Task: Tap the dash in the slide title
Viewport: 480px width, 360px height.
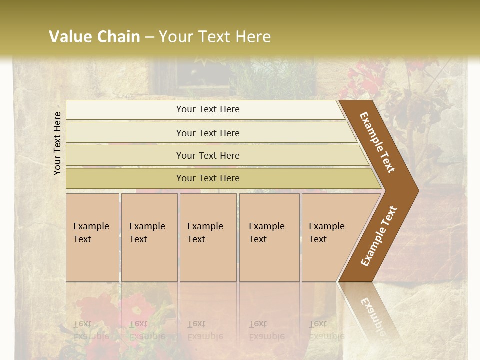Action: [x=149, y=37]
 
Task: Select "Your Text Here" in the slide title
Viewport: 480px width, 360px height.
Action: [x=215, y=37]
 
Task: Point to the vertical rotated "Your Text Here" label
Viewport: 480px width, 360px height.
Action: [x=57, y=143]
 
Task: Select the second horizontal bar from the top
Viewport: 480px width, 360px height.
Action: [x=208, y=133]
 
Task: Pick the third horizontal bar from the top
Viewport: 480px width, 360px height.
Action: [x=208, y=155]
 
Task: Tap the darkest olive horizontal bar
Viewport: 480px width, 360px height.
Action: [x=208, y=178]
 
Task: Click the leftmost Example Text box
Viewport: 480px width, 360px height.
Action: [x=92, y=237]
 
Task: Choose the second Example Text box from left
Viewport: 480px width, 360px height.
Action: [x=149, y=237]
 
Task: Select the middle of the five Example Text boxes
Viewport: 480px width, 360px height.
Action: [x=208, y=237]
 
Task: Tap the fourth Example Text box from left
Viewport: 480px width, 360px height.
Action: [x=269, y=237]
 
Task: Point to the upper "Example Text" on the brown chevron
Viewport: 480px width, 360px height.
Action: [x=377, y=142]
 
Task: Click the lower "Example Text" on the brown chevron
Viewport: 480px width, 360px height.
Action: [x=379, y=236]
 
